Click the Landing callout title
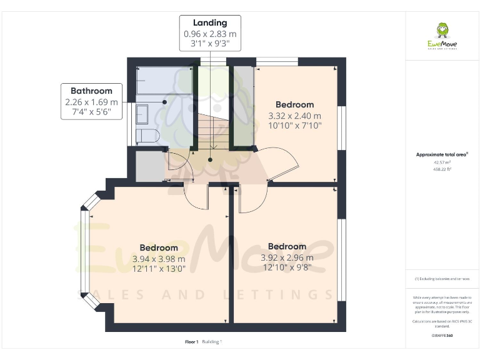click(x=210, y=23)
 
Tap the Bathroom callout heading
click(x=91, y=91)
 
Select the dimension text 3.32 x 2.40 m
click(x=294, y=116)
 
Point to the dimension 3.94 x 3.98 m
click(x=159, y=259)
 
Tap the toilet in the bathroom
click(x=149, y=136)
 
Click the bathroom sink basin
click(x=142, y=114)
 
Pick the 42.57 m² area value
click(x=442, y=162)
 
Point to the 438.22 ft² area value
click(x=442, y=168)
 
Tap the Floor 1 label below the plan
click(x=191, y=342)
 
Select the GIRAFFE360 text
click(x=442, y=336)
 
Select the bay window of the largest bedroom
click(x=86, y=256)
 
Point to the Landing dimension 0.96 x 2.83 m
click(x=210, y=34)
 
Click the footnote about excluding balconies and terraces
click(x=442, y=279)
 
